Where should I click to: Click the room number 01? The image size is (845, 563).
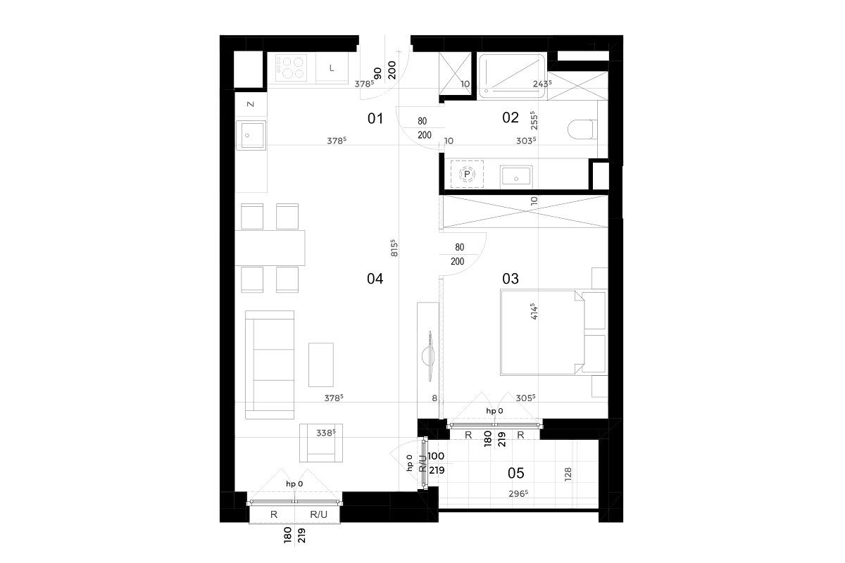tap(375, 118)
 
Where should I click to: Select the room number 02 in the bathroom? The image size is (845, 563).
tap(510, 118)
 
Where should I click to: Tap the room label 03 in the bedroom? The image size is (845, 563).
tap(510, 279)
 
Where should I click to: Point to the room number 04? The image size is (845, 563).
tap(375, 279)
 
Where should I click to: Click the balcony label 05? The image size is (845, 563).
tap(515, 473)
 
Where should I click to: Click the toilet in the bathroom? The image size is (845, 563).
tap(582, 129)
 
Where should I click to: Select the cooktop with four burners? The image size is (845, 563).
tap(291, 68)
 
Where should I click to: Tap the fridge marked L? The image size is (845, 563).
tap(332, 68)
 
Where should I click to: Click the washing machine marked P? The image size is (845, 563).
tap(467, 175)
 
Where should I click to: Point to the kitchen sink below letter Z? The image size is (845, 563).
tap(251, 135)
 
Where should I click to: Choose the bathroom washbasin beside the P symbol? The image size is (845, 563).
tap(516, 177)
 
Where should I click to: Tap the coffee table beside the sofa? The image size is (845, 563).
tap(320, 365)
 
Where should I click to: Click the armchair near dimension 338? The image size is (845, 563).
tap(321, 443)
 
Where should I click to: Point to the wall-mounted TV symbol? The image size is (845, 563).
tap(430, 356)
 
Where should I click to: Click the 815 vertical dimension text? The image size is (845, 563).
tap(394, 248)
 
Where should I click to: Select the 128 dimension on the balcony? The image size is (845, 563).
tap(568, 474)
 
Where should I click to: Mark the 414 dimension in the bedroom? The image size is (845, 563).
tap(534, 311)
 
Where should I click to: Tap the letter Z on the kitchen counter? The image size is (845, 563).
tap(251, 104)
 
